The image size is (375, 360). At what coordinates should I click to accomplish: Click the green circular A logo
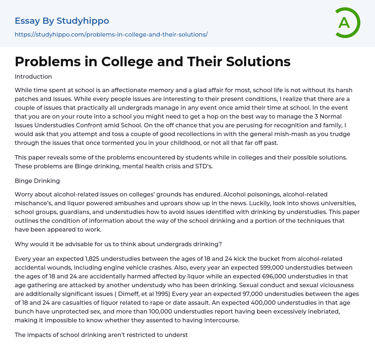point(347,23)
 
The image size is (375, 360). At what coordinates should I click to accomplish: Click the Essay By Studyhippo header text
point(62,21)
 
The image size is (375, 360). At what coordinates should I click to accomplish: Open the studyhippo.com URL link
point(111,34)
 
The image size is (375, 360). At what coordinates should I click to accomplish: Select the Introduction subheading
point(33,76)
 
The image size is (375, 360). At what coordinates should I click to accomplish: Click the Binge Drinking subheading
point(37,181)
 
